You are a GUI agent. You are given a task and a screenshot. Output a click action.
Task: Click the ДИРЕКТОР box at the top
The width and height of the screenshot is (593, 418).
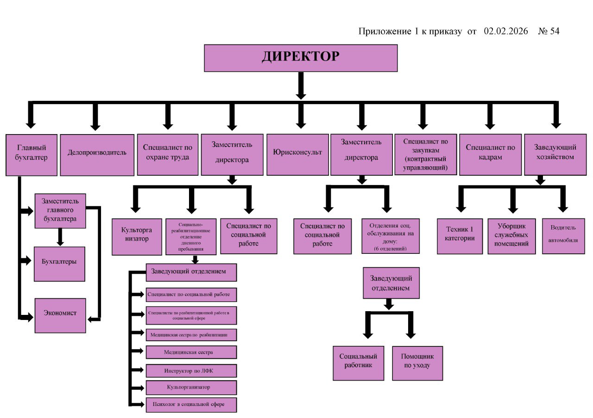point(301,58)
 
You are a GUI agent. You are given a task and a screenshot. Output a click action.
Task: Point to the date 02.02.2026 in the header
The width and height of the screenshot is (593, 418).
point(505,31)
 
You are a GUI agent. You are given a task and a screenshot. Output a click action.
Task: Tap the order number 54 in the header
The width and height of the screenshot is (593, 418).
point(555,31)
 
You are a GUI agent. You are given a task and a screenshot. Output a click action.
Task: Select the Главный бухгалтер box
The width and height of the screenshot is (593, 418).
point(32,155)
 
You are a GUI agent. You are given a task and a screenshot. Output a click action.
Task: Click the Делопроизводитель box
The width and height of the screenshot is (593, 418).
point(97,155)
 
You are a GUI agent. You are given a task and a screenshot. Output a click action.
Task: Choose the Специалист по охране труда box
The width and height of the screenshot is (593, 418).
point(168,155)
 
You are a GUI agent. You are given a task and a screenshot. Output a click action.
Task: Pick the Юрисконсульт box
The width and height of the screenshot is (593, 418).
point(297,155)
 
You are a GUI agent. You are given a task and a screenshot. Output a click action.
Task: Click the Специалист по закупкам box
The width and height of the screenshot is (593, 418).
point(425,155)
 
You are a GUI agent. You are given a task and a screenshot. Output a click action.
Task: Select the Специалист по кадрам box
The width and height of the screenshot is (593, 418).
point(490,155)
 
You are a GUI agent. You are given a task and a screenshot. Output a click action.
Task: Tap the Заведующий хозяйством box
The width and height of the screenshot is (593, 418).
point(555,155)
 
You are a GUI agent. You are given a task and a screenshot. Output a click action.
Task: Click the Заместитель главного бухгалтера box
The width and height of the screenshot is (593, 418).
point(60,211)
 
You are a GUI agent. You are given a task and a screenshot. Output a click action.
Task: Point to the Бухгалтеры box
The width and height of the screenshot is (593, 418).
point(59,264)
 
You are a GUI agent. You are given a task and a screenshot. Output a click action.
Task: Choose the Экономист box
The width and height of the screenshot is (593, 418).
point(60,315)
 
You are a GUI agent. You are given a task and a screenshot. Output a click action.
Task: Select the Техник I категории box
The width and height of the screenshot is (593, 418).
point(460,236)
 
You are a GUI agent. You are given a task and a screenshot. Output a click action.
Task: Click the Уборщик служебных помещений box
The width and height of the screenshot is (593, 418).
point(511,236)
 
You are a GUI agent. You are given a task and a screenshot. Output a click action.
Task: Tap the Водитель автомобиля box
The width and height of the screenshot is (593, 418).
point(564,236)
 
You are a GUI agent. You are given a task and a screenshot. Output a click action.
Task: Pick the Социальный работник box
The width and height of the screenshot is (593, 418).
point(358,363)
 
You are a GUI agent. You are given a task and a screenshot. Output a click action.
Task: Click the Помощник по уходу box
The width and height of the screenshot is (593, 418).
point(417,363)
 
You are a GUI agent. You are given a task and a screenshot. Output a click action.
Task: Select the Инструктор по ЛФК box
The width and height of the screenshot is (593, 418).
point(191,371)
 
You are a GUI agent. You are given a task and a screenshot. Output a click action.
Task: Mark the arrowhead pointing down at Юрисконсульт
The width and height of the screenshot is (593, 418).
point(301,124)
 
